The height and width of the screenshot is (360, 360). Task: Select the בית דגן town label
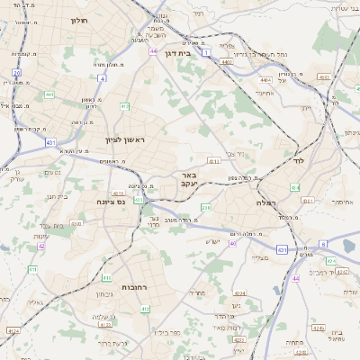coord(175,53)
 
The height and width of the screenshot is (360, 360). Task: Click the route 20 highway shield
coord(16,72)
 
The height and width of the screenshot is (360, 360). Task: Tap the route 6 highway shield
coord(322,244)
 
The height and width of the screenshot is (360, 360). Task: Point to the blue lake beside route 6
coord(349,245)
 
